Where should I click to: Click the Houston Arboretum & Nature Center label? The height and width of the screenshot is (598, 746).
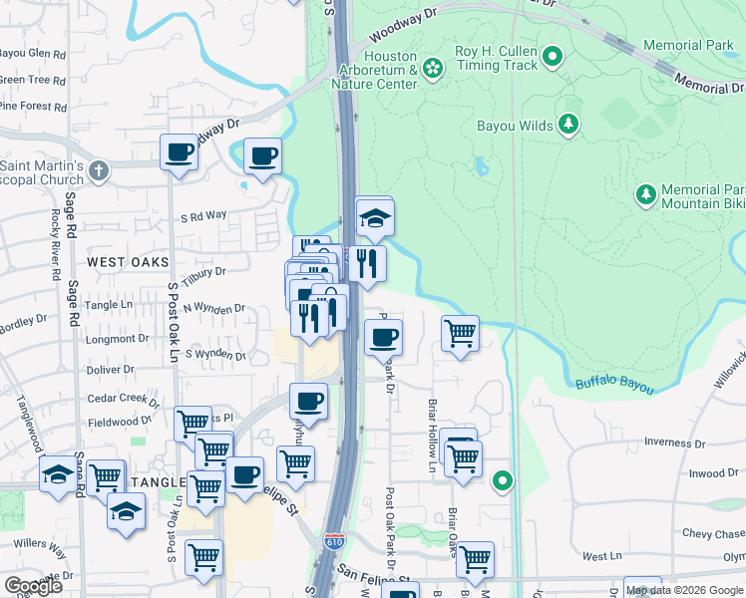click(389, 70)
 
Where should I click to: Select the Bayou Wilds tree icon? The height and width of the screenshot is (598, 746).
click(568, 124)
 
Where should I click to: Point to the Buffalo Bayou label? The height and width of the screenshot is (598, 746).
click(613, 385)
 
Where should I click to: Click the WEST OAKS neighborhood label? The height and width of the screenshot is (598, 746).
click(128, 262)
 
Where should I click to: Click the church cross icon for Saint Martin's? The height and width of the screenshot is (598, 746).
click(98, 170)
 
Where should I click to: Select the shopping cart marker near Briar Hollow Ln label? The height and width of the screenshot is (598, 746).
click(460, 334)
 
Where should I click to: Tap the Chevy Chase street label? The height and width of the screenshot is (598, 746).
click(712, 534)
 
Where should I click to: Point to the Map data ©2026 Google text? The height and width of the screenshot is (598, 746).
click(684, 590)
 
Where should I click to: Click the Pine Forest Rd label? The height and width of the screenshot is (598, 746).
click(33, 107)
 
